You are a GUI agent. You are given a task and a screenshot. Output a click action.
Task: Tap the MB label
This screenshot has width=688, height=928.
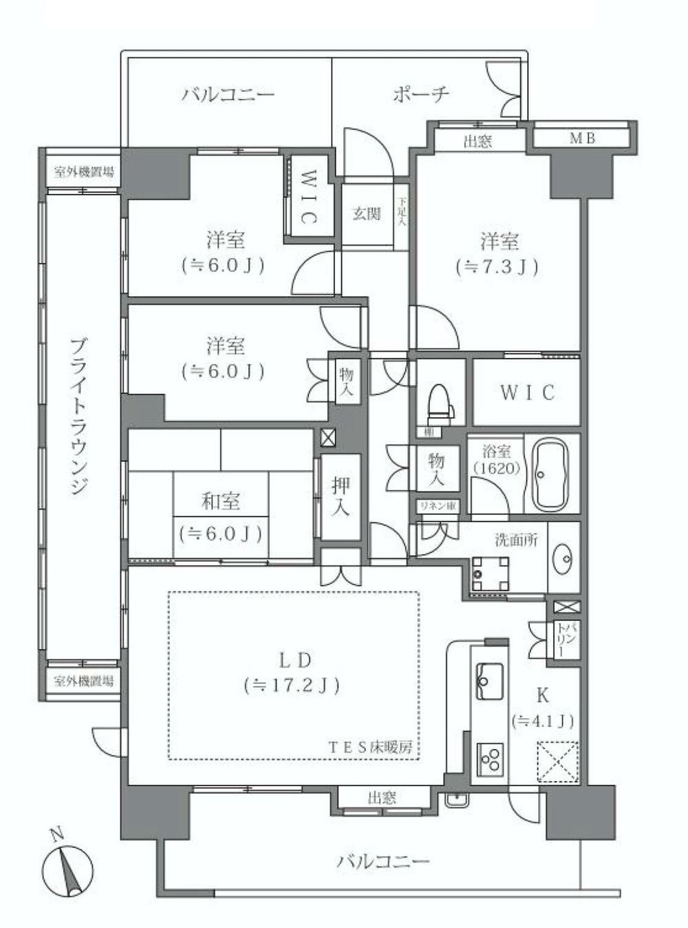click(583, 138)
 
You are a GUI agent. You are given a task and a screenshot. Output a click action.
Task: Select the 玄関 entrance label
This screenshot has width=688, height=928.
click(367, 213)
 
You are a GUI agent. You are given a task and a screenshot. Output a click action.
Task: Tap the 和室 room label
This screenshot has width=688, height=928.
click(221, 500)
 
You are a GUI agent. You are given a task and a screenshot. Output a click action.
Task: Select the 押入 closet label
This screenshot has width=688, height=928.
click(341, 496)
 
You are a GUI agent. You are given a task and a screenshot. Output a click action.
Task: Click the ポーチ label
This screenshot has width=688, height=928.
click(422, 94)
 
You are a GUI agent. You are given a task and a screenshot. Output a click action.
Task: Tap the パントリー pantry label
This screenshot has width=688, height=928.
click(563, 642)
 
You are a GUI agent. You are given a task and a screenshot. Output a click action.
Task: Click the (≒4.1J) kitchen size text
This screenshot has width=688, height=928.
click(543, 721)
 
